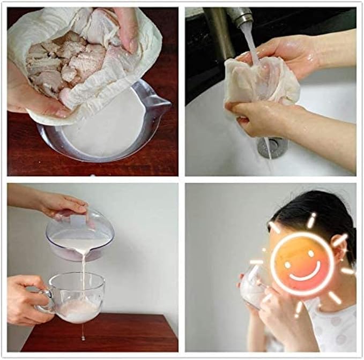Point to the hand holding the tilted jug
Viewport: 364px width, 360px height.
coord(59,204)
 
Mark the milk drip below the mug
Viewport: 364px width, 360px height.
coord(82,335)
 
